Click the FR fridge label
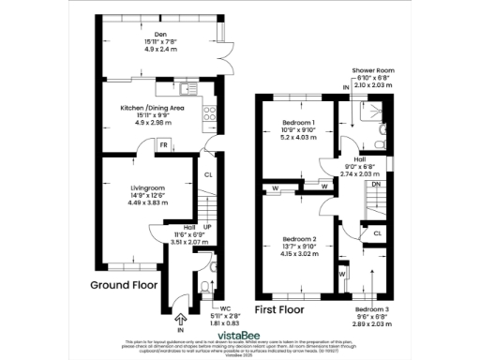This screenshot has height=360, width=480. pos(163,146)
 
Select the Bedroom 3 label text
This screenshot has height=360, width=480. pos(372,307)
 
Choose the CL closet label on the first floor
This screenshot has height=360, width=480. pos(377,232)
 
